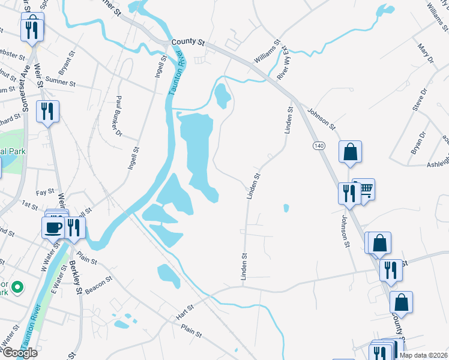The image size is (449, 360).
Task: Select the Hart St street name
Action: pos(186,311)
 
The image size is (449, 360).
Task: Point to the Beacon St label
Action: pos(99,284)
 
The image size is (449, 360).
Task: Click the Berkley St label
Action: pos(76,277)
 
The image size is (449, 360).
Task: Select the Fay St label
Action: pos(45,193)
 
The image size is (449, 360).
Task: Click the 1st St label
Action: pos(30,205)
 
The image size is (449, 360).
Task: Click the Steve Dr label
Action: pos(419,99)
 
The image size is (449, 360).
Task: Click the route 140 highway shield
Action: pos(318,146)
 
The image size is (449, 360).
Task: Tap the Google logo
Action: pos(19,353)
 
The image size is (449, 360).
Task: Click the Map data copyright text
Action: pos(422,355)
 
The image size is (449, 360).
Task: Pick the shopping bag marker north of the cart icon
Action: pos(351,152)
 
